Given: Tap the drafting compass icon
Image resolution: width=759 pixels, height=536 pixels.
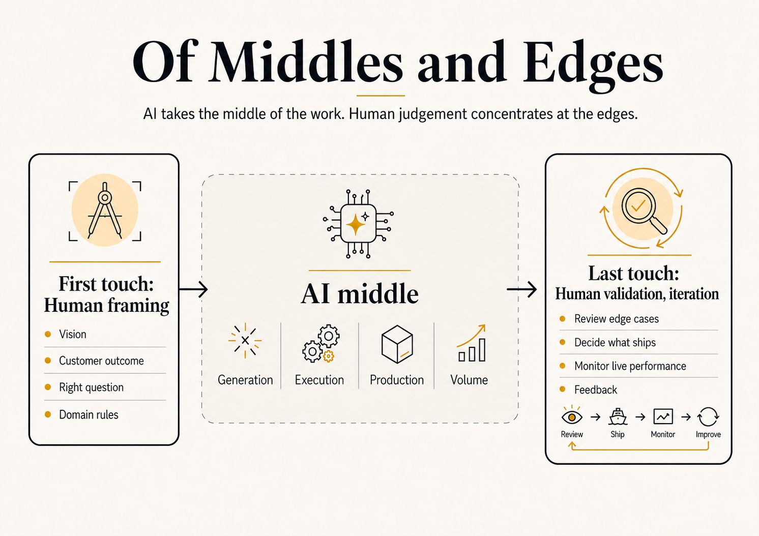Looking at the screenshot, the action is [x=105, y=211].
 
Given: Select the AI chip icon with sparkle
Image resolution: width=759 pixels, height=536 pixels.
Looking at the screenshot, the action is [x=358, y=224].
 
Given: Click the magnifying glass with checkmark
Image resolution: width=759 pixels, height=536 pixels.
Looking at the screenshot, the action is [x=644, y=211].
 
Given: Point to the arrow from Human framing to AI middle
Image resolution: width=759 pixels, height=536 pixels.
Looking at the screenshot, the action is [x=193, y=289].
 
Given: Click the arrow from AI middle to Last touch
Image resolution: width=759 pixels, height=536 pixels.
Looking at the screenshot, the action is [x=522, y=289].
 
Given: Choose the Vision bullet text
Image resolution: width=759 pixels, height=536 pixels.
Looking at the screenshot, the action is [x=73, y=335].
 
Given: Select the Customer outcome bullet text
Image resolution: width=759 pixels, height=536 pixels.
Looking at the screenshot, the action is [x=101, y=361].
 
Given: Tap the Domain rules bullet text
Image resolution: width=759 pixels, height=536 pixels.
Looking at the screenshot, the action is [x=89, y=414].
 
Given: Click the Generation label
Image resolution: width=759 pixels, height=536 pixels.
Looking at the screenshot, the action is [x=245, y=380].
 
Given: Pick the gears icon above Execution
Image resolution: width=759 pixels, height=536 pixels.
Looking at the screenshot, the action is [x=321, y=344].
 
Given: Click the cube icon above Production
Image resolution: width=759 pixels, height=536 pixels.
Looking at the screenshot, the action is [x=397, y=344].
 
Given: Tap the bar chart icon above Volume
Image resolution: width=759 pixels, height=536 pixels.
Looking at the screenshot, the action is [x=472, y=343].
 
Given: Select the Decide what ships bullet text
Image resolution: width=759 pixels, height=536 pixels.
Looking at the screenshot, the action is [x=615, y=343].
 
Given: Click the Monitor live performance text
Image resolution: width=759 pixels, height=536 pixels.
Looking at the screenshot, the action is [x=630, y=366].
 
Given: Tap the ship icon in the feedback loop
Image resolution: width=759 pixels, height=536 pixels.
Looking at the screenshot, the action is [x=618, y=416].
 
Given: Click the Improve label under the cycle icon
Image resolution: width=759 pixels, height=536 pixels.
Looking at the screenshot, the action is [x=708, y=434].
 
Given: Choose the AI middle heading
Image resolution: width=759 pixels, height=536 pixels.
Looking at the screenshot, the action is [x=360, y=294].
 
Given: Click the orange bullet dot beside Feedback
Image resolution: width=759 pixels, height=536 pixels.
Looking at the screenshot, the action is [x=563, y=389].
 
